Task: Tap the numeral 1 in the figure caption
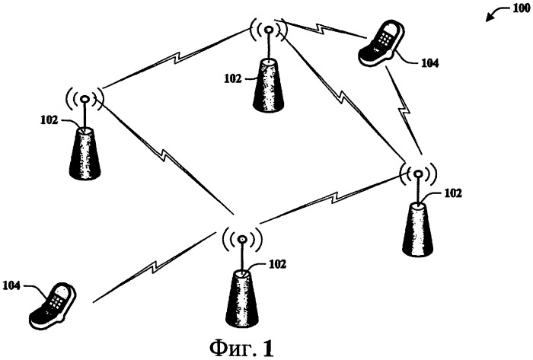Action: (x=267, y=348)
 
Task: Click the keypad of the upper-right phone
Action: (x=385, y=37)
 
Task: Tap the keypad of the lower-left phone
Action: (x=55, y=300)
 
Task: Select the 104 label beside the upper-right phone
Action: (x=429, y=63)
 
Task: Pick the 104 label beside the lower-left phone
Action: (x=12, y=285)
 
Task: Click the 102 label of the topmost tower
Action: (x=233, y=79)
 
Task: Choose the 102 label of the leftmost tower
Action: (x=49, y=120)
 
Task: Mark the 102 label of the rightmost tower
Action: (x=453, y=193)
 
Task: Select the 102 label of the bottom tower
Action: (x=277, y=264)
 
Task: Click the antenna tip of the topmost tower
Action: (x=268, y=30)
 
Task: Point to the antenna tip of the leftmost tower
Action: (x=85, y=99)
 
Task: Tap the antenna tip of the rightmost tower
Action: (x=418, y=174)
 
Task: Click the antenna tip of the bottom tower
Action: (x=242, y=240)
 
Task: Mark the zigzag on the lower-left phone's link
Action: (x=155, y=266)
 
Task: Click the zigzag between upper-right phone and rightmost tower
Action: (x=404, y=111)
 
